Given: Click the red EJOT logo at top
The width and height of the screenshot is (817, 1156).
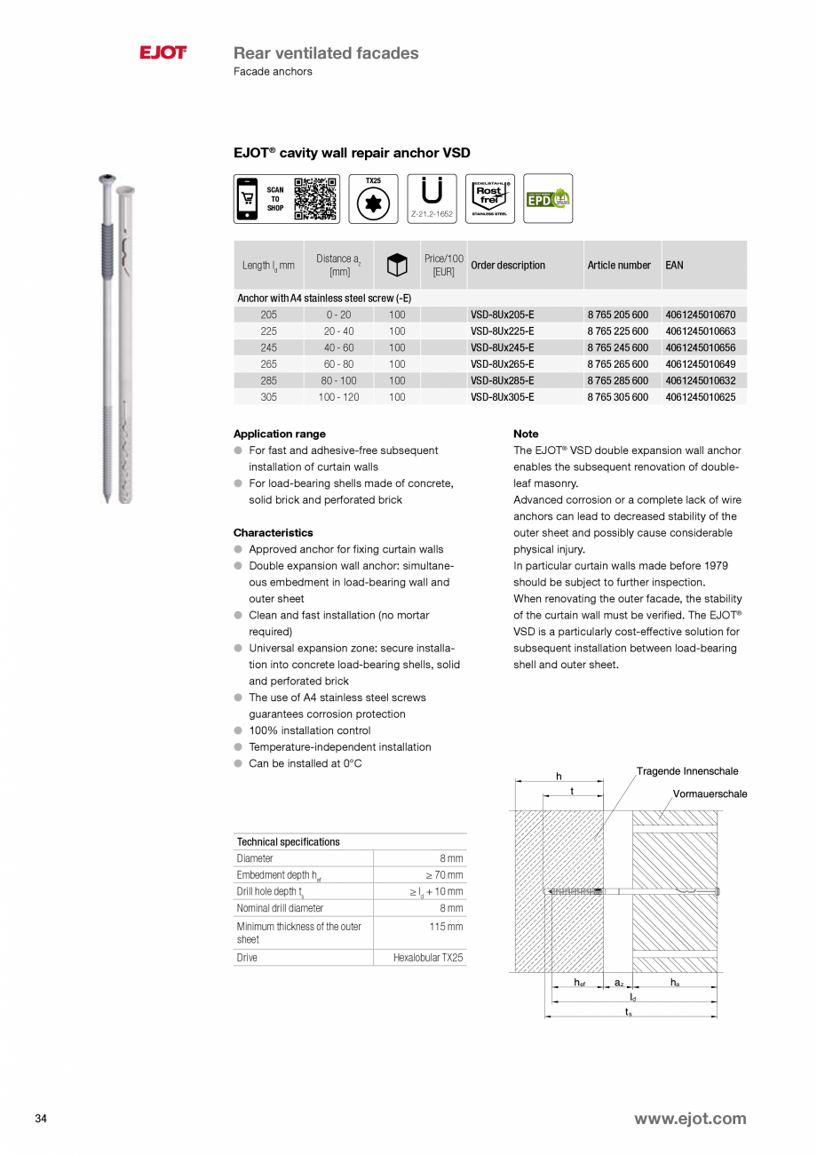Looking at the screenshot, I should (163, 53).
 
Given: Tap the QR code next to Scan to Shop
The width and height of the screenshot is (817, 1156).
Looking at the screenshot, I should (315, 198).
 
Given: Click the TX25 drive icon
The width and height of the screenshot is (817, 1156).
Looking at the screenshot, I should (373, 199).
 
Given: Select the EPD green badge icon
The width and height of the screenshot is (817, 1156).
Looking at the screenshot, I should (547, 198).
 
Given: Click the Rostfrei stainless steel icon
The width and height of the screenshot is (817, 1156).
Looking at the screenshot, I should (489, 198).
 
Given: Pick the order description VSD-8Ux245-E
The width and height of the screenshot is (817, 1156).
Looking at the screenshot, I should (502, 347).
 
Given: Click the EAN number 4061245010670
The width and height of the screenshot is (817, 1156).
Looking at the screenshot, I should (700, 315).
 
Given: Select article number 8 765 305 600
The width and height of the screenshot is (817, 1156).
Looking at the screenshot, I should (617, 397).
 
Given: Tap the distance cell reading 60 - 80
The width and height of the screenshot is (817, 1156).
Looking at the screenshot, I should (338, 364).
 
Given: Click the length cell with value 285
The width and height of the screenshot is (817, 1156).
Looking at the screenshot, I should (268, 380).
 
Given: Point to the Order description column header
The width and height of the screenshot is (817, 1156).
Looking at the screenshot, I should (508, 266).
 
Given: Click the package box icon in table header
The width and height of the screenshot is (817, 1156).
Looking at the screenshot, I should (396, 266).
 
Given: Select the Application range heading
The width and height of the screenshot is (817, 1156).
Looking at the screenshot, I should (279, 434).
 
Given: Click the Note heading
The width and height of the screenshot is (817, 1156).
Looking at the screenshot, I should (526, 434).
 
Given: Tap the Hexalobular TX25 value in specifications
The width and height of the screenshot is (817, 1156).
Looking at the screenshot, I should (428, 958).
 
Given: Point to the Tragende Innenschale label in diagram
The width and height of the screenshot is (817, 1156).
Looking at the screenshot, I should (686, 771).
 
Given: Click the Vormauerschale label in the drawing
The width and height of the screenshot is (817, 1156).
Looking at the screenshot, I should (710, 793).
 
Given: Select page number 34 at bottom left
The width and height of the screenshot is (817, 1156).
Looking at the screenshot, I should (41, 1119).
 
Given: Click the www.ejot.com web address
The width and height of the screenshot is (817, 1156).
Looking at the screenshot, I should (689, 1119).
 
